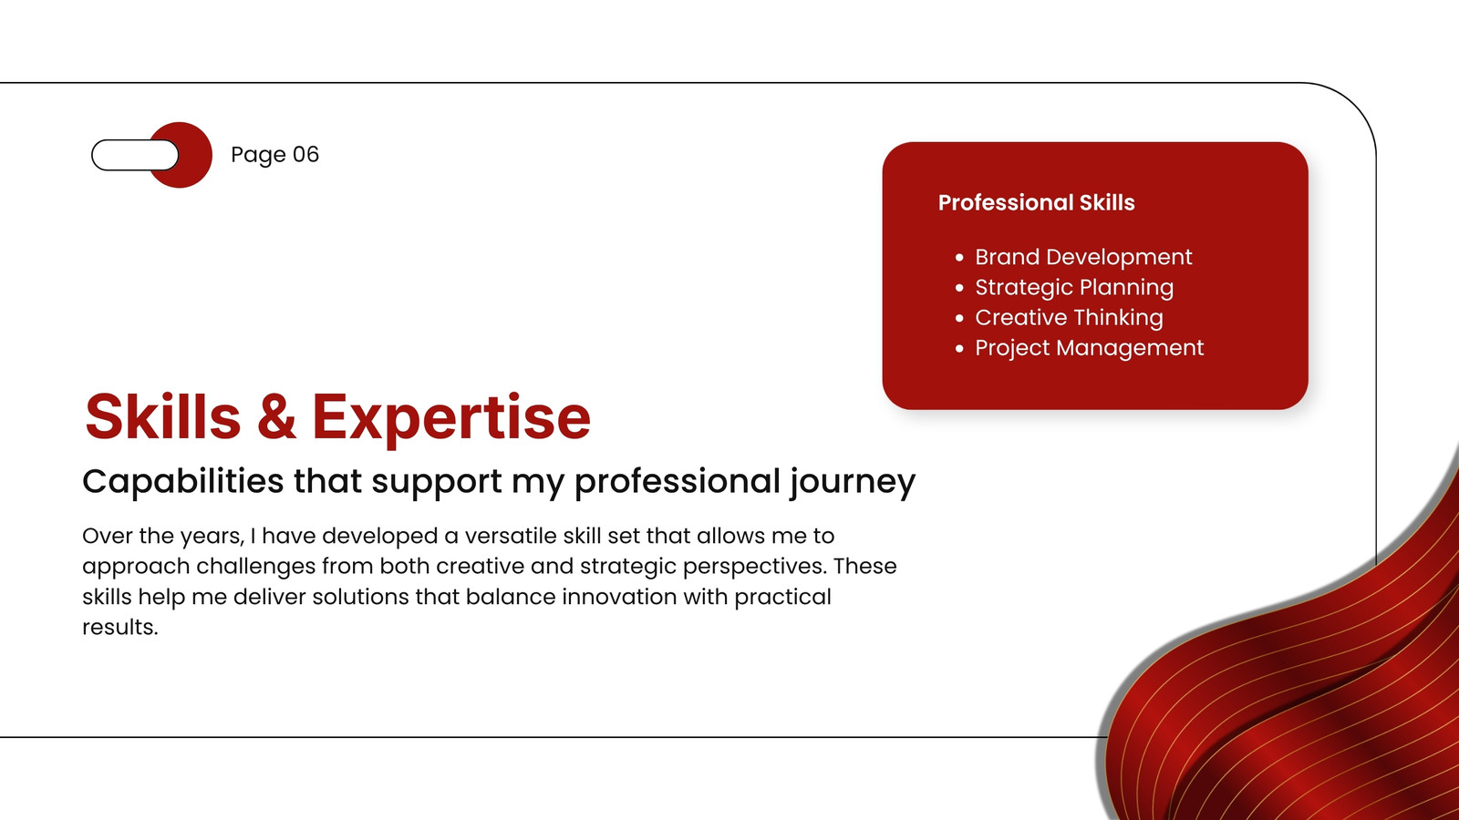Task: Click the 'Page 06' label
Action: coord(274,155)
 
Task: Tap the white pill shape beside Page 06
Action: coord(135,155)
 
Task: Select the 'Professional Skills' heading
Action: coord(1036,202)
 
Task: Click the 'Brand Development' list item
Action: coord(1083,257)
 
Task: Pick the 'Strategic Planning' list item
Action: coord(1074,287)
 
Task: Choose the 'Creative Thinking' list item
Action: coord(1069,318)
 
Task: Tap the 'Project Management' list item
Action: coord(1089,347)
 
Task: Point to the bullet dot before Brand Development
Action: coord(958,258)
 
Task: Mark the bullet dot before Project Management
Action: coord(958,348)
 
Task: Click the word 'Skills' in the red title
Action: coord(163,416)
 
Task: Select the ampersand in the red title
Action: coord(276,416)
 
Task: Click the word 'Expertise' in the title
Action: coord(451,420)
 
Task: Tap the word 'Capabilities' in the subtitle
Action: coord(183,482)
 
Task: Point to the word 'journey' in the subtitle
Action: coord(853,483)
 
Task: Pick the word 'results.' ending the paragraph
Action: coord(120,628)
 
